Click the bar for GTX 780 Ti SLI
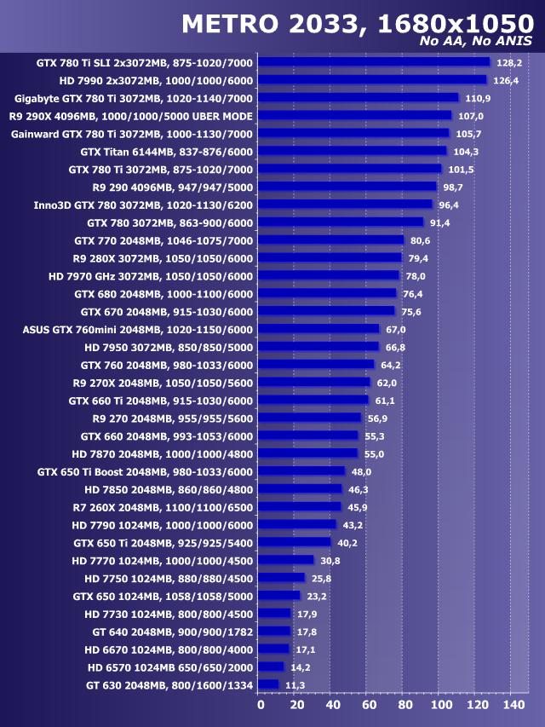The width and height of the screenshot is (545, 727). pos(373,62)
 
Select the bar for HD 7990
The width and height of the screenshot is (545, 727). pos(371,80)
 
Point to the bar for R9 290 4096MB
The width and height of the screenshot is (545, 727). pos(347,187)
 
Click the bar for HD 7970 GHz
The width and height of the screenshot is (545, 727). pos(328,275)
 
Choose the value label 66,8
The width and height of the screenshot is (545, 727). pos(395,348)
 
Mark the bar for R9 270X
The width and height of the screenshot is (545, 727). pos(313,383)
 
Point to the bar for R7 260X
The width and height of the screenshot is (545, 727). pos(299,507)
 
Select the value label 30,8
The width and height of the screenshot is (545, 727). pos(330,561)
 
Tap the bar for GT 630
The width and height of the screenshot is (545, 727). pos(267,684)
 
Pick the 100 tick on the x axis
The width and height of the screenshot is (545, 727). pos(441,705)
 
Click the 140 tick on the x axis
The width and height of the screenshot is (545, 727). pos(514,705)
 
